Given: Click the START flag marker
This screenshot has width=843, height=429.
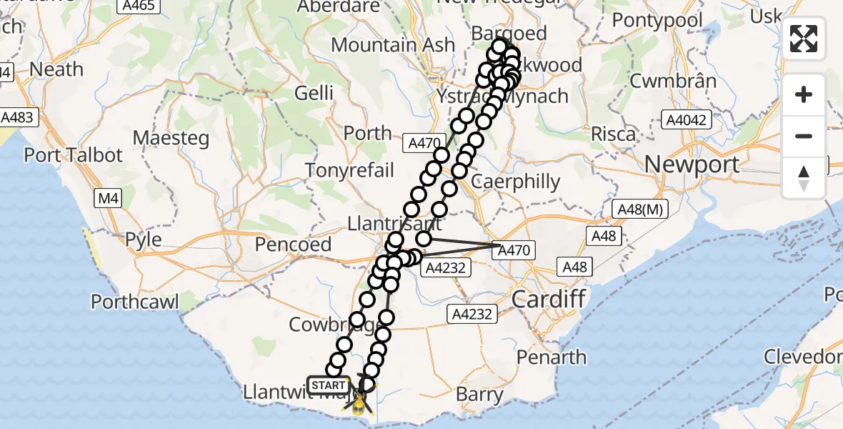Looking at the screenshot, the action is [329, 385].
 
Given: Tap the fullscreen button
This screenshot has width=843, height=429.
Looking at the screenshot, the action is [804, 39].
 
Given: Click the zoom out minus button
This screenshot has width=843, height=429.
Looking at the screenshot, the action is [804, 136].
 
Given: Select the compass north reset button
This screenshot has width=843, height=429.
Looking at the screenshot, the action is [804, 177].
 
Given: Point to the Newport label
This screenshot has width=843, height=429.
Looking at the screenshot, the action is [692, 164].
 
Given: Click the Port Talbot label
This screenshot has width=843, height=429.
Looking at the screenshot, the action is [74, 155].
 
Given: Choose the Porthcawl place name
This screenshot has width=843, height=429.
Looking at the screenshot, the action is [135, 302].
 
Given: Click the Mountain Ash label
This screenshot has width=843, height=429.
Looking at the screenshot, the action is [393, 44].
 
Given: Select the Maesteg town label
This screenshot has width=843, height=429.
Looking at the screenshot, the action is [170, 137].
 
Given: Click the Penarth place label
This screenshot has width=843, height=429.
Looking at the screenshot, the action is [552, 357].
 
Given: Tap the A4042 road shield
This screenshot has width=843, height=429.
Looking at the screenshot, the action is [686, 119].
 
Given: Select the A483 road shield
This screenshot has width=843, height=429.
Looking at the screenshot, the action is [16, 117].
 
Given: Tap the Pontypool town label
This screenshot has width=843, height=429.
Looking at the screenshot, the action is [658, 20].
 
